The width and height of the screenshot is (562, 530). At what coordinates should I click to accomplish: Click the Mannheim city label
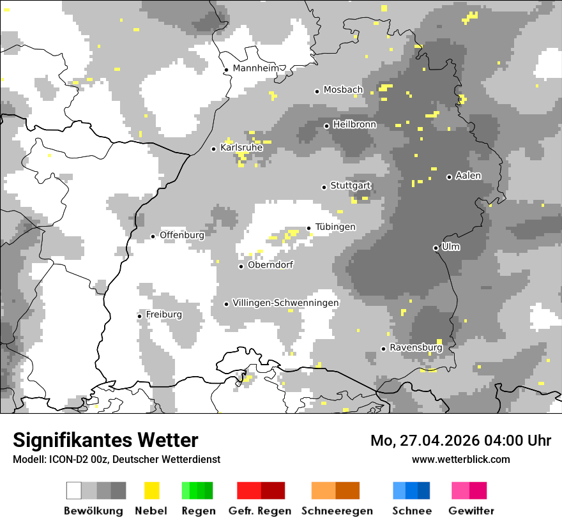click(x=256, y=68)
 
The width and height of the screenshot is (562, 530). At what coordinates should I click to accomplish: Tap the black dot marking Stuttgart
click(x=324, y=187)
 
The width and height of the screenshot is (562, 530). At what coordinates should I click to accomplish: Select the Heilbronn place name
click(x=354, y=125)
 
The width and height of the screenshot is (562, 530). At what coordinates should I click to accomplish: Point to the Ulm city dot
click(x=436, y=248)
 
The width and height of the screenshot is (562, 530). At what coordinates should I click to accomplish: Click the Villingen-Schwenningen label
click(x=285, y=303)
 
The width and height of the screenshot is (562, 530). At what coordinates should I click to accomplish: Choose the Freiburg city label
click(x=163, y=315)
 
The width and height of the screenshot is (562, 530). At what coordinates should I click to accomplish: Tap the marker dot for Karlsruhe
click(x=214, y=149)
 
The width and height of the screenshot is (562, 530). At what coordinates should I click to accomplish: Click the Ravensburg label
click(x=416, y=348)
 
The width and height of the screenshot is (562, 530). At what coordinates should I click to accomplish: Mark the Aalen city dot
click(x=449, y=177)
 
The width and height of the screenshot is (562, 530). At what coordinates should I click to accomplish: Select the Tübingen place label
click(x=335, y=227)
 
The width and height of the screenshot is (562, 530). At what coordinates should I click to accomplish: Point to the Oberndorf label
click(x=270, y=265)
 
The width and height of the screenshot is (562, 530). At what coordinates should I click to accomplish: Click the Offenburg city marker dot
click(x=153, y=236)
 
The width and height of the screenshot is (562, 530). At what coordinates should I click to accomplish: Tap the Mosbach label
click(x=343, y=90)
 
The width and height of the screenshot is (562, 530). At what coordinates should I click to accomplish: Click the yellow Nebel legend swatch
click(x=151, y=490)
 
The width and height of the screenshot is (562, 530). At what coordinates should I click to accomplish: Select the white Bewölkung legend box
click(x=74, y=490)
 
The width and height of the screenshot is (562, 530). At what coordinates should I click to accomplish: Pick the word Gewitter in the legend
click(x=471, y=511)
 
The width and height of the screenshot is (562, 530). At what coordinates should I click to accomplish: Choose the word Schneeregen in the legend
click(x=337, y=511)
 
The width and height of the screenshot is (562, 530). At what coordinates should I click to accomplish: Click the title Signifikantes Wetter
click(x=105, y=440)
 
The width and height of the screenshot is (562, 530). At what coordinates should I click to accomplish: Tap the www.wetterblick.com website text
click(x=460, y=459)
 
